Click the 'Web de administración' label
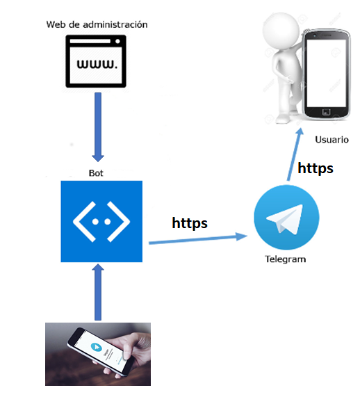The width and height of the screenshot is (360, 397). pos(97,24)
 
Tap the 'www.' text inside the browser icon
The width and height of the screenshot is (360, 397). pos(97,64)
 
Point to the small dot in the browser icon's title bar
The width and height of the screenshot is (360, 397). pos(117,41)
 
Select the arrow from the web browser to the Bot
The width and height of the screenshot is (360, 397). pos(98,127)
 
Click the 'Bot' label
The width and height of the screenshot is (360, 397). pos(96,173)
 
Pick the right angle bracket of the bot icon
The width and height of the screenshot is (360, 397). pos(119,222)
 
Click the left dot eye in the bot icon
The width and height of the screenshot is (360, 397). pos(95,222)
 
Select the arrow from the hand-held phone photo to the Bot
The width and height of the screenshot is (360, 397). pos(98,292)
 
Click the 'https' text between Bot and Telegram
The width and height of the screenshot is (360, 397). pos(190,223)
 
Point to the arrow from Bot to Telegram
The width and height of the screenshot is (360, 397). pos(198,239)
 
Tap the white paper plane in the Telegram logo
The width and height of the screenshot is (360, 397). pos(285,219)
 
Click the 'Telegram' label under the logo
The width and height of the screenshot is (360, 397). pos(286,259)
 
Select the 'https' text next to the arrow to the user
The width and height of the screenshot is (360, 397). pos(316,168)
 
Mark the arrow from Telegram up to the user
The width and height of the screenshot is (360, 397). pos(295,154)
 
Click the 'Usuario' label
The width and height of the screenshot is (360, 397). pos(332,140)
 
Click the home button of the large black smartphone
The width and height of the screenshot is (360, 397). pos(326,112)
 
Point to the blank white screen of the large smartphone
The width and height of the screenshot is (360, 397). pos(326,73)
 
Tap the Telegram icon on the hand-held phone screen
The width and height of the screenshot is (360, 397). pos(96,347)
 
